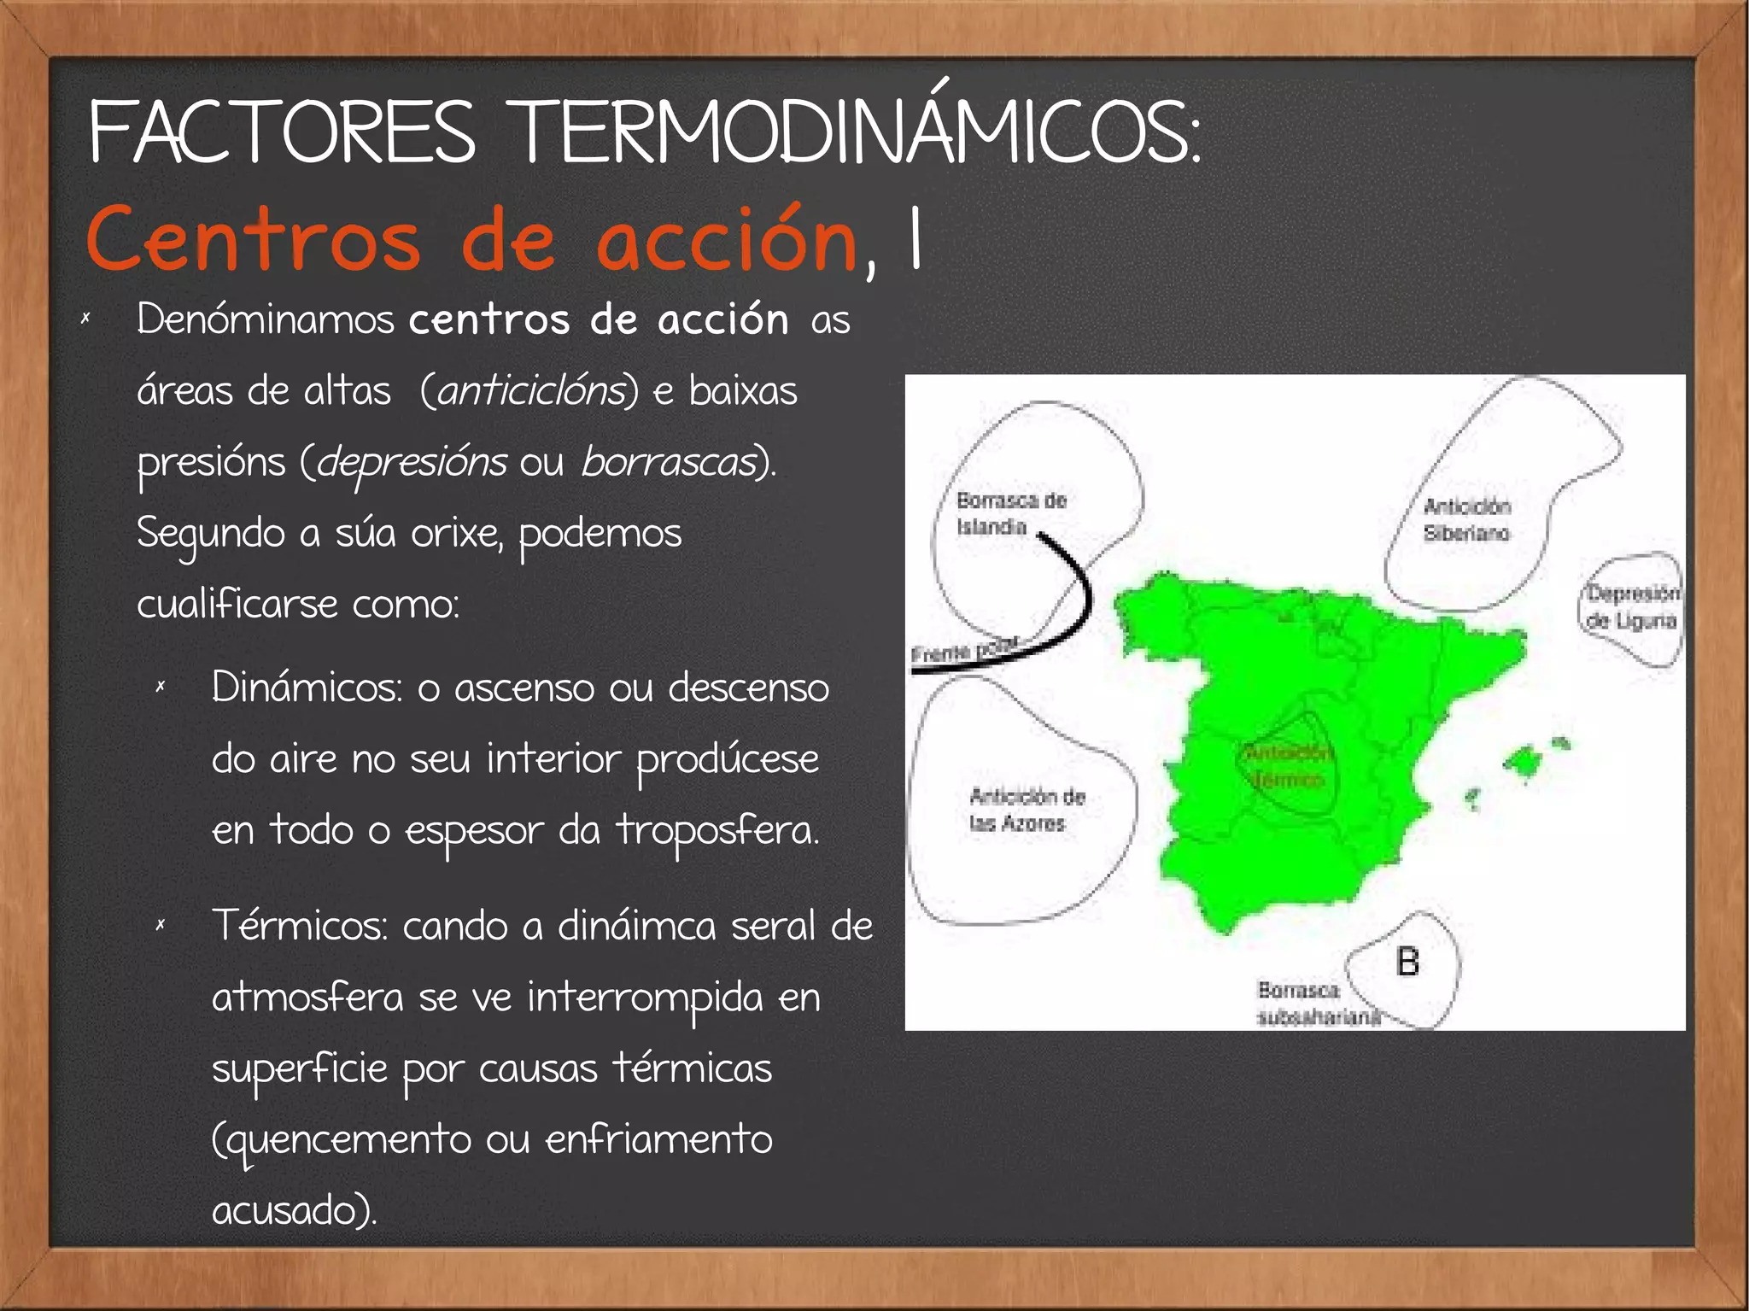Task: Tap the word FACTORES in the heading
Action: pos(282,132)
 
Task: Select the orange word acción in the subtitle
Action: pos(726,241)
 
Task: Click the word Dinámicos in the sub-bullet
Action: pos(307,687)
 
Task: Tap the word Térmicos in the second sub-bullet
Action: pos(300,925)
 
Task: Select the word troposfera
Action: pos(717,830)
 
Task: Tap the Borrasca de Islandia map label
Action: pos(1010,512)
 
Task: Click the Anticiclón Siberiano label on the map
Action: pos(1466,519)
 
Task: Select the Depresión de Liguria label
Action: pos(1632,606)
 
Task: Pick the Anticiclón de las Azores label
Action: pos(1026,810)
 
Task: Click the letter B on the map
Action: pos(1407,962)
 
